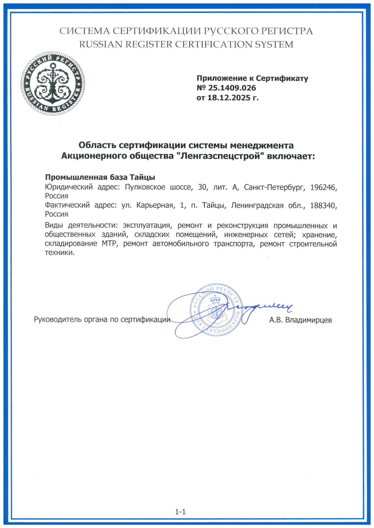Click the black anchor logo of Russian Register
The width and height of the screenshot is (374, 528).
pyautogui.click(x=53, y=83)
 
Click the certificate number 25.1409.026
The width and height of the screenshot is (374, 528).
pyautogui.click(x=232, y=88)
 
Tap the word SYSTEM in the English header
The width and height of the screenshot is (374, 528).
pyautogui.click(x=274, y=45)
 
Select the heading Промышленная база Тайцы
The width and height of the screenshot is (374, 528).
pyautogui.click(x=100, y=177)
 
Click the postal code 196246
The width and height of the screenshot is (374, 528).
pyautogui.click(x=323, y=187)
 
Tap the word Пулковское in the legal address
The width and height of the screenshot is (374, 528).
pyautogui.click(x=145, y=187)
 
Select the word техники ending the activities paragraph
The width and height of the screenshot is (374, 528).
pyautogui.click(x=60, y=253)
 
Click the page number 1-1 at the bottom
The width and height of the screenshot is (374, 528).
pyautogui.click(x=180, y=512)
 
